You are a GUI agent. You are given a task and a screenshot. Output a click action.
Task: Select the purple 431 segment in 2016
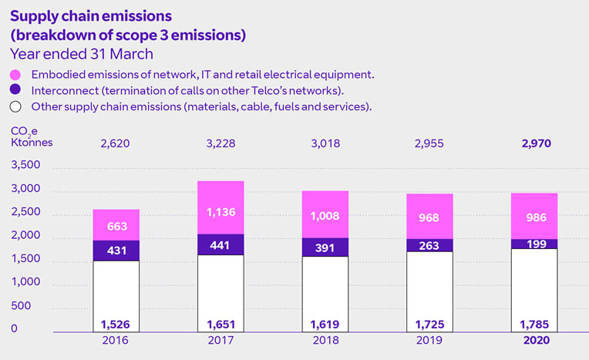point(116,251)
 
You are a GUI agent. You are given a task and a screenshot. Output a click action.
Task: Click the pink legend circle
point(16,76)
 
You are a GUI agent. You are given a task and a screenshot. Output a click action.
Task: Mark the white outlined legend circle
point(16,107)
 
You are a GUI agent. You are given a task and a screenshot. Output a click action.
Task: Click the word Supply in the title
point(32,15)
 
